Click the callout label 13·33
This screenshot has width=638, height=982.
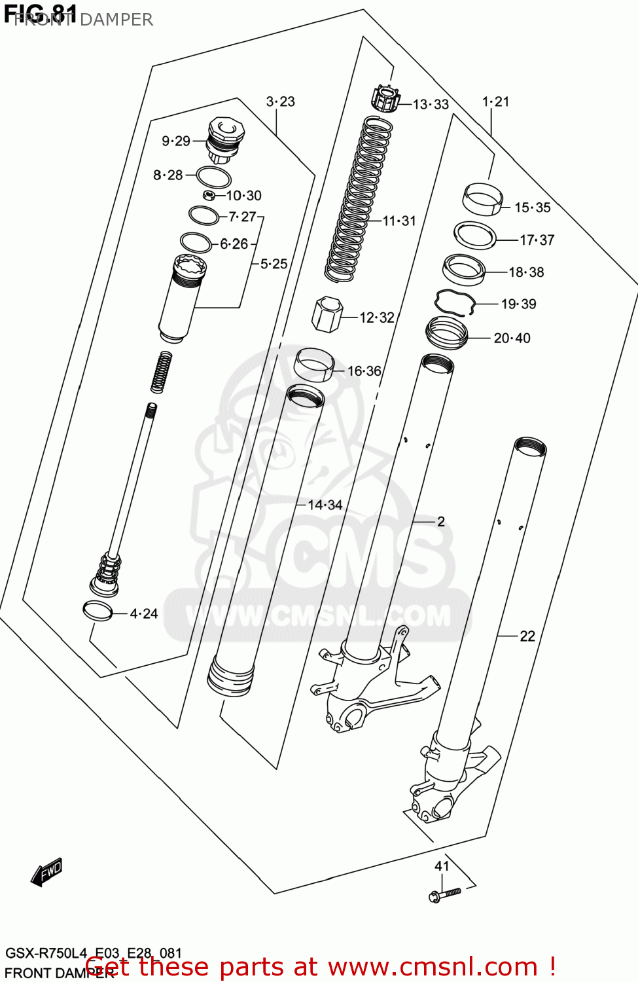(431, 105)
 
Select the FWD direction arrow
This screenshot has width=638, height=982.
(47, 872)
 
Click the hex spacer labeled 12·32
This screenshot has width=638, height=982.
(327, 314)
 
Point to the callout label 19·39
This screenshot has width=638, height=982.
(518, 304)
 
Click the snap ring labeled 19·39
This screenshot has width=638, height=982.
(454, 302)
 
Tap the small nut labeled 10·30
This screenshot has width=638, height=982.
(209, 195)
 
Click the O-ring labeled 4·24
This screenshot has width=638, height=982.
(97, 611)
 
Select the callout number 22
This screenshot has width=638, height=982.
(527, 636)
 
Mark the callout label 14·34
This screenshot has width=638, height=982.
(325, 505)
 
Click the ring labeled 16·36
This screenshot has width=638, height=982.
(314, 365)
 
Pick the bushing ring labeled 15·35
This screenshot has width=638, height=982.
(483, 199)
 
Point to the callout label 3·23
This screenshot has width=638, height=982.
(280, 101)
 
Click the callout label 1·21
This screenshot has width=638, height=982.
(495, 101)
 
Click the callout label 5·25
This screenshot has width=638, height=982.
(274, 264)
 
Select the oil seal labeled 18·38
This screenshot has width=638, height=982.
(464, 269)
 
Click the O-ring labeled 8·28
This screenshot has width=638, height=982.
(213, 177)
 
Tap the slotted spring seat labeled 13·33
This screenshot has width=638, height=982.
(385, 99)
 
